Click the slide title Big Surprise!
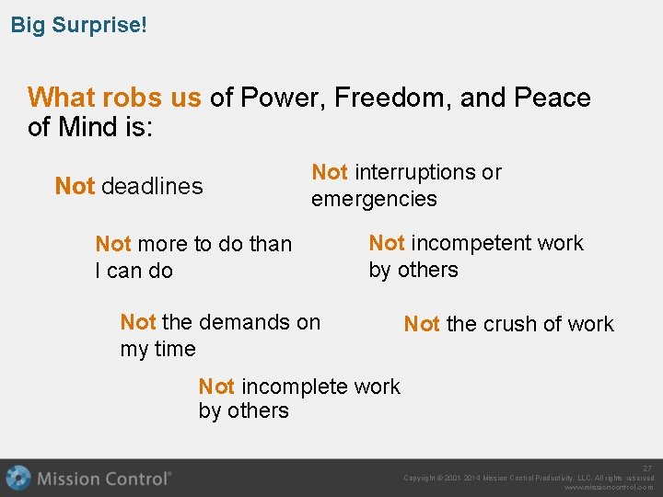[x=78, y=24]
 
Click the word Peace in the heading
[x=552, y=98]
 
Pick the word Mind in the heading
[x=88, y=127]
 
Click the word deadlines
[x=152, y=186]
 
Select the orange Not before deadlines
[x=75, y=186]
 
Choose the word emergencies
[x=374, y=199]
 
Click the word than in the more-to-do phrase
[x=270, y=244]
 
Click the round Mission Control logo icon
[x=18, y=478]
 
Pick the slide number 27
[x=647, y=468]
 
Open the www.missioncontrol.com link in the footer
[x=609, y=488]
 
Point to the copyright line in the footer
[x=529, y=478]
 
